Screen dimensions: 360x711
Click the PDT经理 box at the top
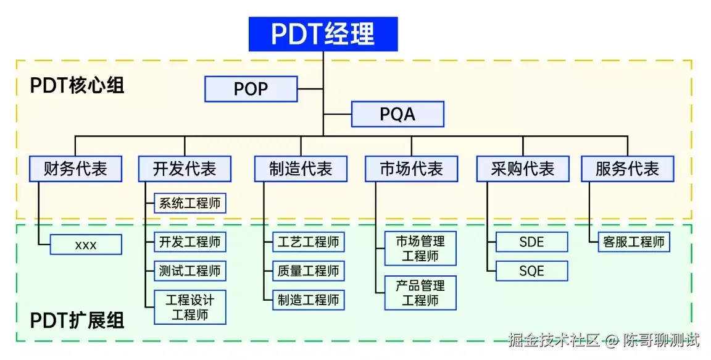[x=323, y=34]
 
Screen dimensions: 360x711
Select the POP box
[x=251, y=89]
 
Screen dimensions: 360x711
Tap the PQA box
[x=397, y=114]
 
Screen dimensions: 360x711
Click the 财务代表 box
[x=75, y=169]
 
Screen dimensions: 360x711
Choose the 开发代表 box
[x=184, y=169]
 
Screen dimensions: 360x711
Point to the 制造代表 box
[x=301, y=169]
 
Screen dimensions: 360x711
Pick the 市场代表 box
[x=411, y=169]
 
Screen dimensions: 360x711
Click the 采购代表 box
[x=523, y=169]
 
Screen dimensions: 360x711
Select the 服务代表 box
[x=627, y=169]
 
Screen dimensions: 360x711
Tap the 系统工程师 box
[x=189, y=203]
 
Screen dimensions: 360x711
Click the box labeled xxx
[x=86, y=245]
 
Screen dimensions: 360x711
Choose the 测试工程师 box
[x=189, y=271]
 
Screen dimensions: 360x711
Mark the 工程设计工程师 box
[x=189, y=308]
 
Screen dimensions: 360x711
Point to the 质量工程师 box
[x=308, y=271]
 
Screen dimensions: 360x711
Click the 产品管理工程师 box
[x=420, y=293]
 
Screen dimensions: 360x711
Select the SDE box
[x=531, y=242]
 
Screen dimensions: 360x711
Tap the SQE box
[x=531, y=271]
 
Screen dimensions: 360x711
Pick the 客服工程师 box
[x=634, y=242]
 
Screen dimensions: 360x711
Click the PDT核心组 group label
[x=77, y=85]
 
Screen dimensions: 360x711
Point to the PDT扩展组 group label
[x=77, y=320]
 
